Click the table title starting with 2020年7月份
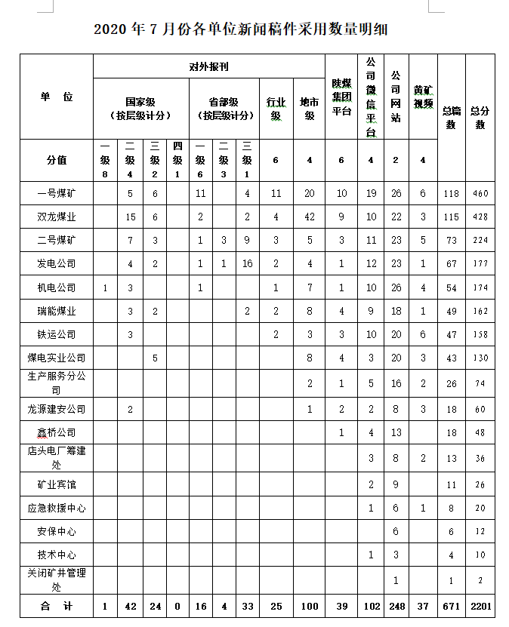click(241, 29)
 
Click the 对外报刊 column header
click(209, 66)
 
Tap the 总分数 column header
click(480, 117)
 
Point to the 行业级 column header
click(276, 109)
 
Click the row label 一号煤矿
click(57, 193)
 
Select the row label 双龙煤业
click(57, 217)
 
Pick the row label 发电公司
click(57, 264)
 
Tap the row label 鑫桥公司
click(57, 433)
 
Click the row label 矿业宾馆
click(57, 484)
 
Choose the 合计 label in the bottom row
click(57, 606)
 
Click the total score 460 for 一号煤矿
click(480, 194)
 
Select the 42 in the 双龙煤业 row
click(309, 217)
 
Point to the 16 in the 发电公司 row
click(248, 264)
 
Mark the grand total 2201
click(480, 607)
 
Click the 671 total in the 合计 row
click(452, 607)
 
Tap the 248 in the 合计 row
click(396, 607)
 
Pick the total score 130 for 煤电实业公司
click(480, 358)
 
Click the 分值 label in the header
click(57, 160)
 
